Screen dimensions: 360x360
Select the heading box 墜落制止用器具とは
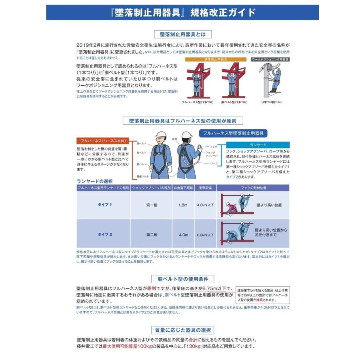tap(183, 34)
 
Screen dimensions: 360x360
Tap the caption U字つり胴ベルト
tap(272, 102)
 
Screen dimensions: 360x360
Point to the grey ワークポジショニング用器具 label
tap(271, 59)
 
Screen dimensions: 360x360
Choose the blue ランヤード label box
tap(258, 144)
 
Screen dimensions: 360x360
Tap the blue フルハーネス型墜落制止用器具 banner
tap(234, 133)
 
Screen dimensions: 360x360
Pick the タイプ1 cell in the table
tap(105, 205)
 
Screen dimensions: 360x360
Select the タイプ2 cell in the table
tap(105, 234)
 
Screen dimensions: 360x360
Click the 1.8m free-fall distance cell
tap(183, 205)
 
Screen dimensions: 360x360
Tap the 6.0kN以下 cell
tap(205, 234)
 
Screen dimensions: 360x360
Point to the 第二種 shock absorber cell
tap(152, 234)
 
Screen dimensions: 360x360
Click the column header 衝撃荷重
tap(205, 187)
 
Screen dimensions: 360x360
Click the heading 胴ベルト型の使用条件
tap(183, 279)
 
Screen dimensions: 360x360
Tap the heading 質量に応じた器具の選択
tap(183, 330)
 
